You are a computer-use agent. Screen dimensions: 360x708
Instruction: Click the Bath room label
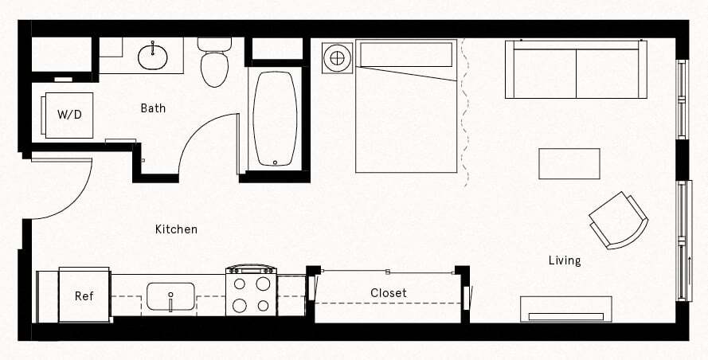pyautogui.click(x=153, y=108)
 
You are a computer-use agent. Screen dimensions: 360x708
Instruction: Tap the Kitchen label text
pyautogui.click(x=176, y=229)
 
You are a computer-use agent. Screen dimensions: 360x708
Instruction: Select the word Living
pyautogui.click(x=565, y=260)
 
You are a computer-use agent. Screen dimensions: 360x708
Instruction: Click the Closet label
pyautogui.click(x=389, y=293)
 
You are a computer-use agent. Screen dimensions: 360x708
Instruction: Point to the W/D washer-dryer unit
pyautogui.click(x=68, y=115)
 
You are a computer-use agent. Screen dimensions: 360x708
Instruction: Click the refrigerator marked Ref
pyautogui.click(x=84, y=295)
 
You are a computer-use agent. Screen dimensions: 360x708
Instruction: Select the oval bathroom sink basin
pyautogui.click(x=152, y=56)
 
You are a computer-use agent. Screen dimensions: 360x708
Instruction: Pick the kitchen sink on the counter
pyautogui.click(x=170, y=297)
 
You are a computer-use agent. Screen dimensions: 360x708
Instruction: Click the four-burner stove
pyautogui.click(x=251, y=292)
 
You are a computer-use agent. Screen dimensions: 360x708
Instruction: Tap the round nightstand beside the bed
pyautogui.click(x=337, y=58)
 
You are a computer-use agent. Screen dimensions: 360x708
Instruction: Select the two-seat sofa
pyautogui.click(x=576, y=70)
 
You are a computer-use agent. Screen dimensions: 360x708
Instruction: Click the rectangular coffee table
pyautogui.click(x=569, y=164)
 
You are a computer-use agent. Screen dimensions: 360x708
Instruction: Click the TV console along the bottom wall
pyautogui.click(x=566, y=309)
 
